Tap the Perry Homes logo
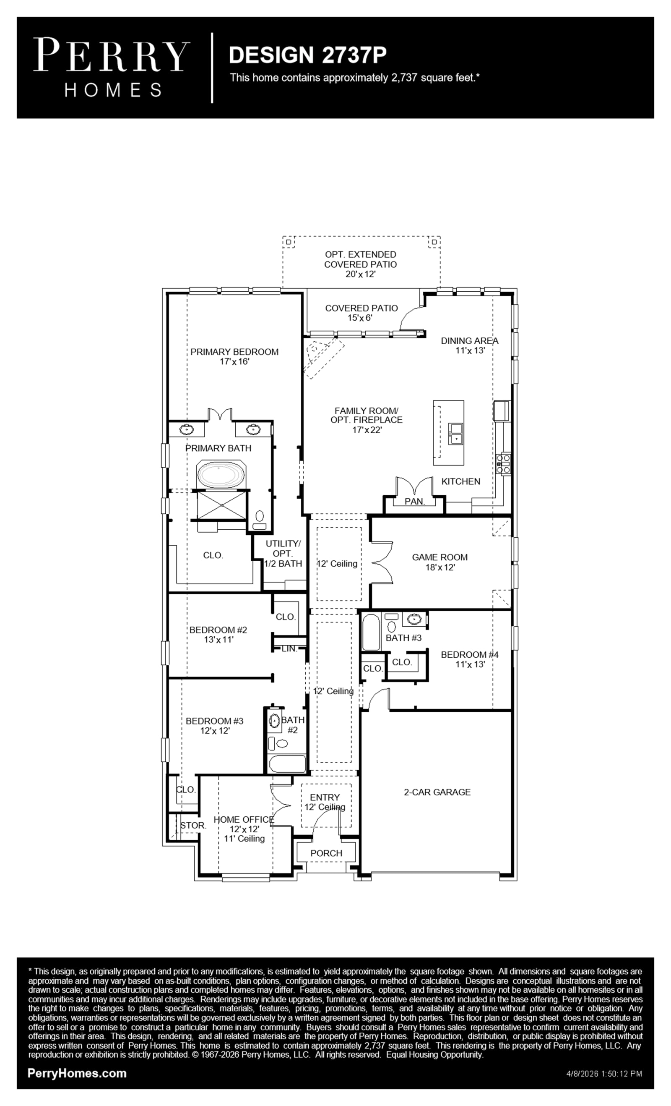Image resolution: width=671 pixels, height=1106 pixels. [x=112, y=67]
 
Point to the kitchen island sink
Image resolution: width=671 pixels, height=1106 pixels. [x=456, y=433]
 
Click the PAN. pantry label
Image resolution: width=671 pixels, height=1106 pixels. [x=414, y=502]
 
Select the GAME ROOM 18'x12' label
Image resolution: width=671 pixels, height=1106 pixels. [x=440, y=562]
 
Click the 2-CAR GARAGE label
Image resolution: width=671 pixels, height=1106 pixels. [x=437, y=792]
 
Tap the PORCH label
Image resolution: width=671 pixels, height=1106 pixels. [x=326, y=853]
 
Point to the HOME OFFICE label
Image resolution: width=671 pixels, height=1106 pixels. [x=244, y=820]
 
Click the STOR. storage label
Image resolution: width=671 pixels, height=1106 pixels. [x=193, y=826]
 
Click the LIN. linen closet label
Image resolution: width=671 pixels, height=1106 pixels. [x=289, y=648]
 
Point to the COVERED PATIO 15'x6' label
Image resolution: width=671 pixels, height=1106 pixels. [x=361, y=313]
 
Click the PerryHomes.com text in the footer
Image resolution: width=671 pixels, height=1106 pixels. [x=77, y=1073]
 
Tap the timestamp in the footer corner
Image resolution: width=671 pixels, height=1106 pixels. [x=604, y=1074]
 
